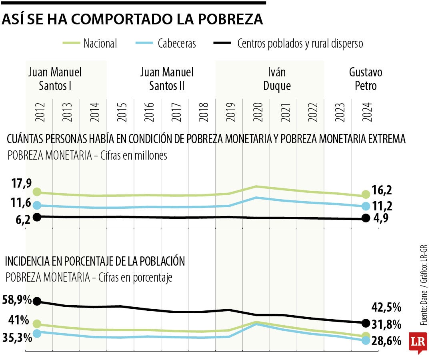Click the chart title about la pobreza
tap(132, 19)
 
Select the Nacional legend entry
tap(90, 43)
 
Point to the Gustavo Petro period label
tap(365, 79)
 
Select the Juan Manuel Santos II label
tap(167, 79)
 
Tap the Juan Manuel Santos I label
tap(55, 79)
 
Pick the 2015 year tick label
tap(121, 113)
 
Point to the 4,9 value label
tap(382, 218)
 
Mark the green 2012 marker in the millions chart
tap(37, 192)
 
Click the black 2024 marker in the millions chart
tap(365, 218)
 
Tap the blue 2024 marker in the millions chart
tap(365, 206)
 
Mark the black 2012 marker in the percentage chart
tap(37, 301)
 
